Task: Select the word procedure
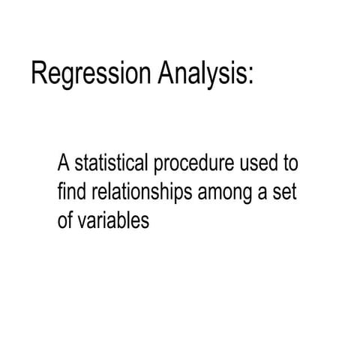point(196,164)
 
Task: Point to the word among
point(224,193)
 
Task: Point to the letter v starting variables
point(80,223)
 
